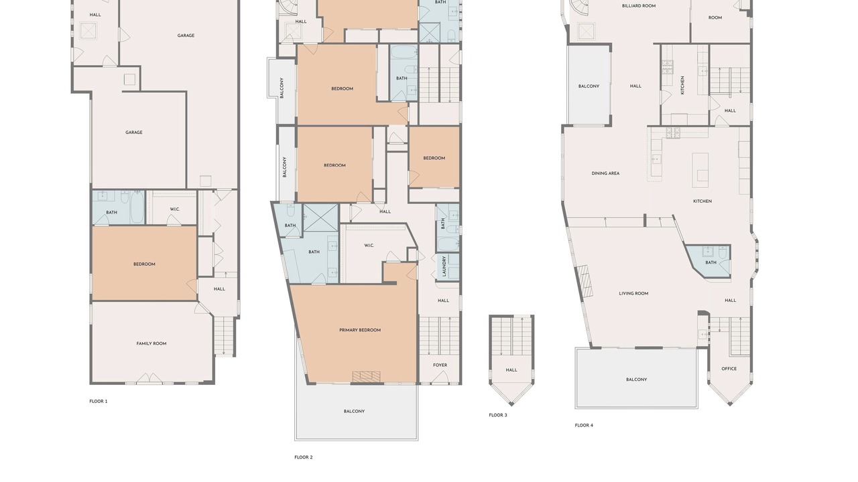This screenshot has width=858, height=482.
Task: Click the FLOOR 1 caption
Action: pyautogui.click(x=99, y=401)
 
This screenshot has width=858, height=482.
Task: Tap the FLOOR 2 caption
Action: pyautogui.click(x=304, y=457)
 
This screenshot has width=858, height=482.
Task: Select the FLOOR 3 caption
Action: pyautogui.click(x=498, y=415)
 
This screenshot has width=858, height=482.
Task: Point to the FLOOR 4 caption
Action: pyautogui.click(x=584, y=425)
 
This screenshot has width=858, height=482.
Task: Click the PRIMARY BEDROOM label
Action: pyautogui.click(x=360, y=330)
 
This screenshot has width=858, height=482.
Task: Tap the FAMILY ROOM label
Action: pyautogui.click(x=151, y=343)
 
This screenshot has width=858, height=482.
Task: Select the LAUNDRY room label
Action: pyautogui.click(x=444, y=266)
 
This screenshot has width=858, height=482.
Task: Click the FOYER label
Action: pyautogui.click(x=440, y=365)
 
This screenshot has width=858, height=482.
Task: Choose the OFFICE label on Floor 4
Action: pyautogui.click(x=729, y=369)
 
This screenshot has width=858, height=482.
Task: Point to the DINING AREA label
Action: pyautogui.click(x=605, y=173)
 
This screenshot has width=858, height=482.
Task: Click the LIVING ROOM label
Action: pyautogui.click(x=633, y=293)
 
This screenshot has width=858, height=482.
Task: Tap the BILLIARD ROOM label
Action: pyautogui.click(x=639, y=6)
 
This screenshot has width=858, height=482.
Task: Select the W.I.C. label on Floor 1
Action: pyautogui.click(x=175, y=210)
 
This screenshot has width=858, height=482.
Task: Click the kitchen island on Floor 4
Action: pyautogui.click(x=700, y=170)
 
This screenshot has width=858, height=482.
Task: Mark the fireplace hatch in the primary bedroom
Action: pyautogui.click(x=367, y=377)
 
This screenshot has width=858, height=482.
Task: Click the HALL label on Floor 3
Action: pyautogui.click(x=511, y=370)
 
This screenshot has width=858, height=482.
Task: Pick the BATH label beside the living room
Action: pyautogui.click(x=711, y=262)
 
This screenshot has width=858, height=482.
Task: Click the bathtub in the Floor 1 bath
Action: pyautogui.click(x=137, y=207)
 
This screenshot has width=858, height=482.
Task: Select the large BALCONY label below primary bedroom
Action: pyautogui.click(x=354, y=411)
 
